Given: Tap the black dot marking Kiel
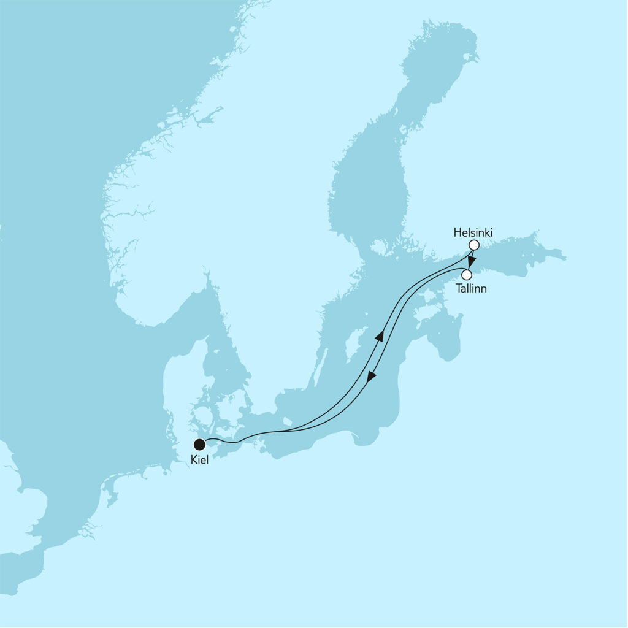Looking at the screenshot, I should [199, 444].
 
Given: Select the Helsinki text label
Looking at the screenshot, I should [473, 232].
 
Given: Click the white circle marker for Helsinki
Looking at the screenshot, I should [473, 245].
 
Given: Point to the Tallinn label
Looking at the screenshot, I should [472, 288].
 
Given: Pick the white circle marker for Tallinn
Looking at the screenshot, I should [467, 274].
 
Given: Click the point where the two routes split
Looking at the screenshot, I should [279, 431].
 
